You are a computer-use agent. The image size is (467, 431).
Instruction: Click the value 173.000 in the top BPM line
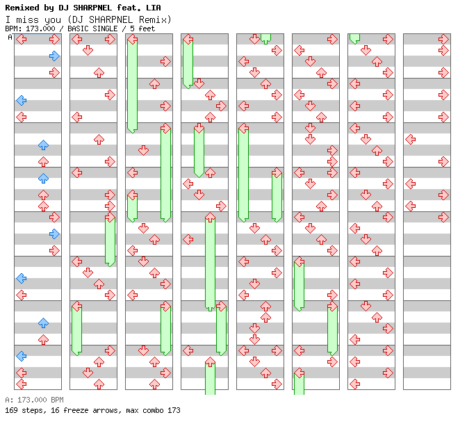point(40,29)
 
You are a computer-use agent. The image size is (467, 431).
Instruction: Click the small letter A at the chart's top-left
point(10,37)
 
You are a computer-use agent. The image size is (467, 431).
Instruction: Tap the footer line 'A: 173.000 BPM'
point(34,400)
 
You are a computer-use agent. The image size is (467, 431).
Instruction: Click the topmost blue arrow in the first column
point(54,56)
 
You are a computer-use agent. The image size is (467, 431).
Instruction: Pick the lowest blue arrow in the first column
point(21,356)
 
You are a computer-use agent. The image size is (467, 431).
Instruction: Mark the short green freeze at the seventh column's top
point(354,38)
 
